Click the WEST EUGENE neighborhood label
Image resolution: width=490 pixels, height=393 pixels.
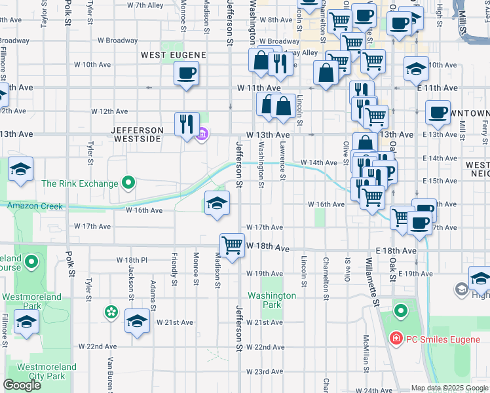(174, 55)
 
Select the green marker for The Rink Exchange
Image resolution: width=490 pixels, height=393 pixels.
(128, 183)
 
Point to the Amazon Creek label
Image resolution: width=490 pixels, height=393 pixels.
(35, 206)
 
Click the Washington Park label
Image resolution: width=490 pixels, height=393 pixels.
(272, 300)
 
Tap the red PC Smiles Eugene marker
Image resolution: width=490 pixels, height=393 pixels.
(396, 339)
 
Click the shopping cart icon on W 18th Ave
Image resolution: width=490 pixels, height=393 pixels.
(232, 246)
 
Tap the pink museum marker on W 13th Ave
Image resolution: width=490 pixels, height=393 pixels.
(202, 135)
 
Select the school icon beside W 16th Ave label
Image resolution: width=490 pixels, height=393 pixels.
(217, 204)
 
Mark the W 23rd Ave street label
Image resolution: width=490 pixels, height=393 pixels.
(264, 371)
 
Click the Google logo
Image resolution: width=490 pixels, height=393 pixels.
(22, 385)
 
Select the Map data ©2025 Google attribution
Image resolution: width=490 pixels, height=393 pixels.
(449, 388)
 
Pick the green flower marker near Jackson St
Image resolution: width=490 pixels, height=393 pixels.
(111, 311)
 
